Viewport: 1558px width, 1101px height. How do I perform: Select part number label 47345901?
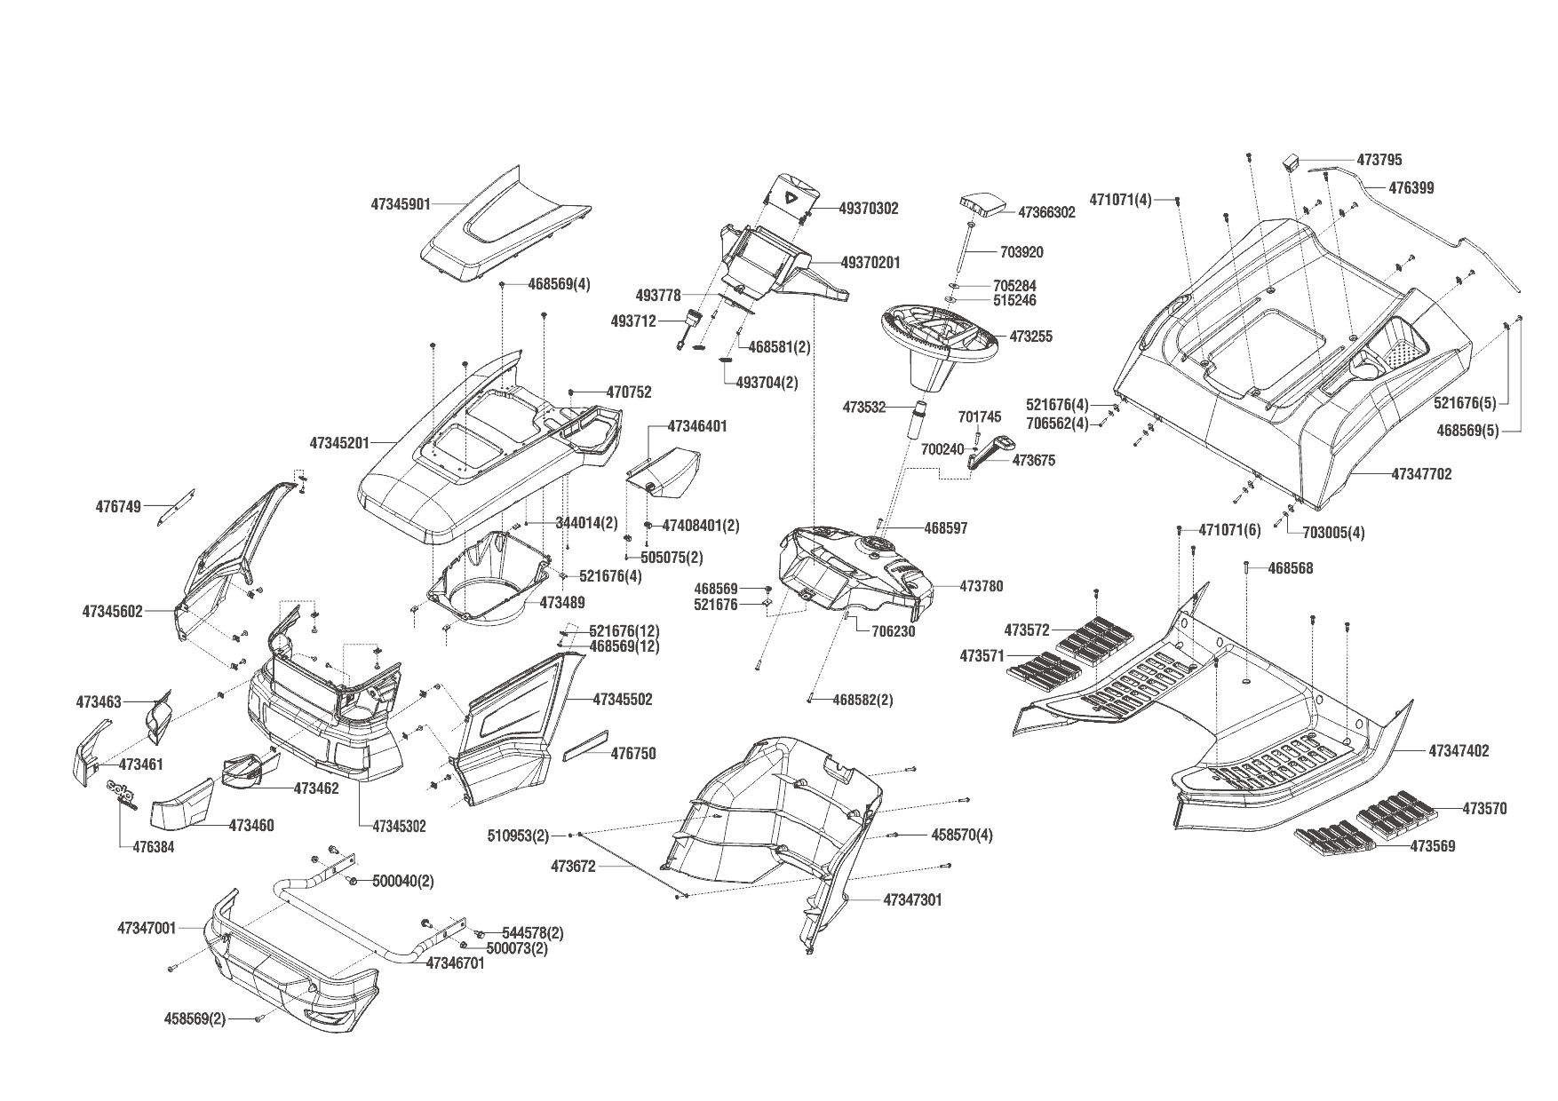[400, 204]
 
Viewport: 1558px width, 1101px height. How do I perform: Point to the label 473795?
[1379, 161]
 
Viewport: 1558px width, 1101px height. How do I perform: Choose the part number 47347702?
[1421, 474]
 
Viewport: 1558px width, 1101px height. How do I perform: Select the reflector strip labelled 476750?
[585, 745]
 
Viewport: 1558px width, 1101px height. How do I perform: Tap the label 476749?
[118, 507]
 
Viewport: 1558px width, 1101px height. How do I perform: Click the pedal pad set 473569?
[1333, 840]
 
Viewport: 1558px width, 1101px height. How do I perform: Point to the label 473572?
[1027, 630]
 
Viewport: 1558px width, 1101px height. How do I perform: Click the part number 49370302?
[869, 209]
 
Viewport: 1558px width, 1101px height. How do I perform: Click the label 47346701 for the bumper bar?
[456, 962]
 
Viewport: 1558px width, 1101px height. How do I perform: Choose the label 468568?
[1290, 568]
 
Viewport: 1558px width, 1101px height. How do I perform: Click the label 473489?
[561, 603]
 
